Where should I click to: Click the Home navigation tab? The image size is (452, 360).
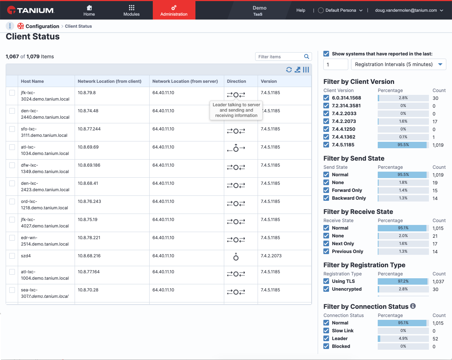tap(89, 11)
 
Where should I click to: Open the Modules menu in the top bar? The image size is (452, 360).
tap(131, 11)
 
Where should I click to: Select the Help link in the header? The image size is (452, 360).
tap(301, 10)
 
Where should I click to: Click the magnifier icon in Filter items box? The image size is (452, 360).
tap(306, 57)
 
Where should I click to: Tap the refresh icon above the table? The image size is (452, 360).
tap(289, 70)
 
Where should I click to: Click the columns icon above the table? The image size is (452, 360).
tap(306, 70)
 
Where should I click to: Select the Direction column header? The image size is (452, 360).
tap(236, 81)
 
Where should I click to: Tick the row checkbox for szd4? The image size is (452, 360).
tap(12, 256)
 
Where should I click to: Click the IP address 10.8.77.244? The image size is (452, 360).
tap(89, 129)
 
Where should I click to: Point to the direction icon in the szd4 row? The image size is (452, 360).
tap(236, 257)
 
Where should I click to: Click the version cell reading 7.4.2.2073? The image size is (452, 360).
tap(271, 256)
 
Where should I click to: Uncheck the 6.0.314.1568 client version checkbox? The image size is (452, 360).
tap(326, 98)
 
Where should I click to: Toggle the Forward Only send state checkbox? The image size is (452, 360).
tap(326, 190)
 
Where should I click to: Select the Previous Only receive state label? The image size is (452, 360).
tap(348, 251)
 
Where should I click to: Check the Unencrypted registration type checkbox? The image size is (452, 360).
tap(326, 289)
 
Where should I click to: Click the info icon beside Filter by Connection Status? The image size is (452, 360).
tap(413, 306)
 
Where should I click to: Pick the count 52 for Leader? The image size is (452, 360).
tap(435, 339)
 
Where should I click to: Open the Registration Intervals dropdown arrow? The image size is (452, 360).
tap(440, 64)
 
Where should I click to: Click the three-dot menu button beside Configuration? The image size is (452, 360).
tap(10, 26)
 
